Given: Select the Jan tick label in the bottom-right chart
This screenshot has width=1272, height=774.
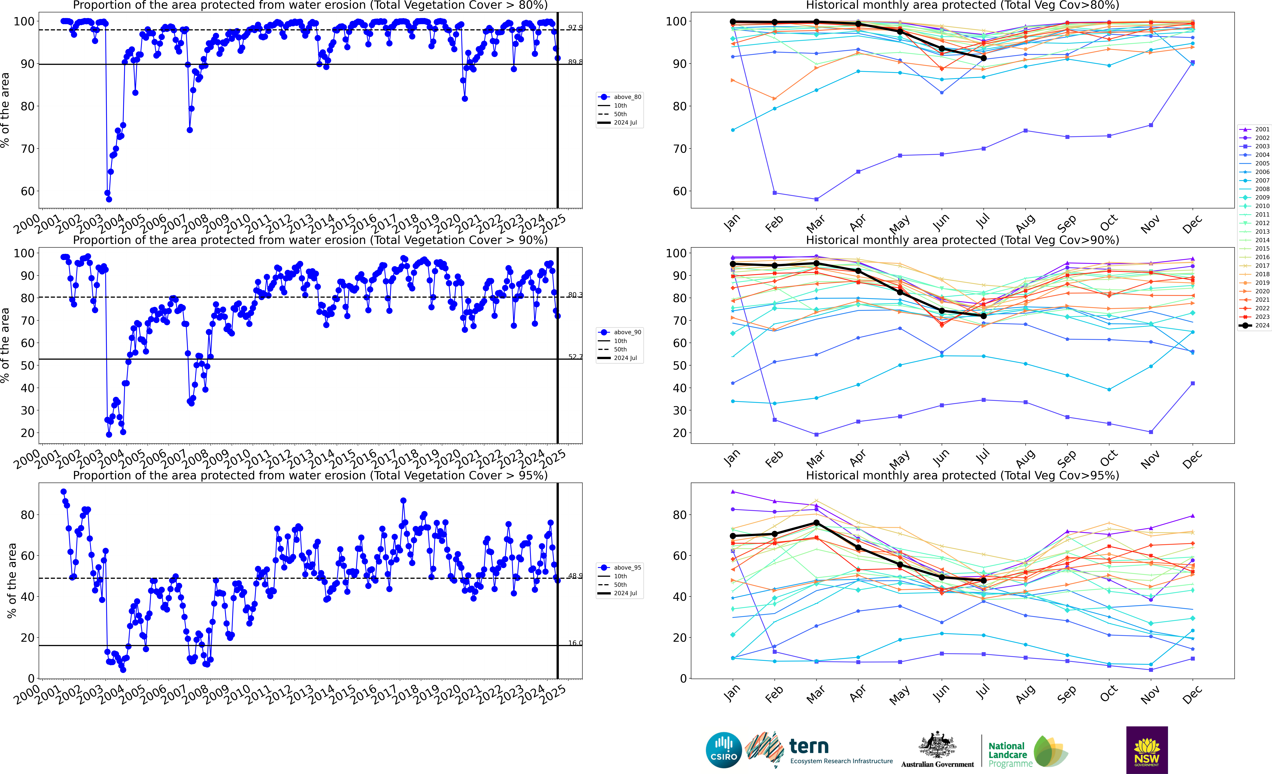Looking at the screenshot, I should [732, 694].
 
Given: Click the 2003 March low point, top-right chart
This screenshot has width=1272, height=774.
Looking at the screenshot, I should [816, 199].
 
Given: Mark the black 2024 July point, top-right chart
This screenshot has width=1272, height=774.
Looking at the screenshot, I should [983, 58].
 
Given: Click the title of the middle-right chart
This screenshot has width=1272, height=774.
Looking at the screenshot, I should [962, 240].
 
